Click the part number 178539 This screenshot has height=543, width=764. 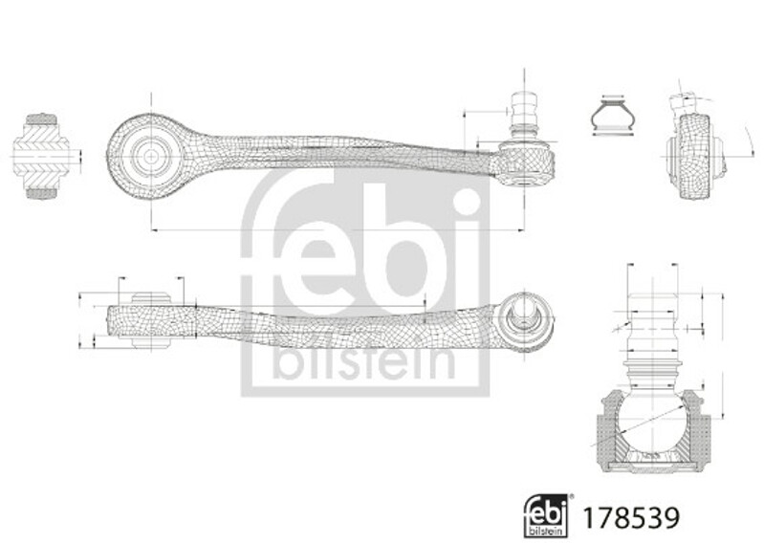[x=631, y=517]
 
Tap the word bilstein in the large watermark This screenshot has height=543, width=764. [x=364, y=360]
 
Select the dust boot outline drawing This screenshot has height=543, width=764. [x=613, y=116]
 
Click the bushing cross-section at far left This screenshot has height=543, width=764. [x=41, y=156]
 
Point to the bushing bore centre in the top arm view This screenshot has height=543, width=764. [x=151, y=156]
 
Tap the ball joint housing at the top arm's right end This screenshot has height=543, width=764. [x=525, y=163]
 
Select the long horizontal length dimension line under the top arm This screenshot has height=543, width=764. [x=338, y=229]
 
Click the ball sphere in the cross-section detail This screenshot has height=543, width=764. [x=652, y=422]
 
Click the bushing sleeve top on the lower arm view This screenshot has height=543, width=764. [x=151, y=298]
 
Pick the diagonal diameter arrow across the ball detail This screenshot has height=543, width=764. [x=638, y=424]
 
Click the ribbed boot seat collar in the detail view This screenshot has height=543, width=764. [x=652, y=369]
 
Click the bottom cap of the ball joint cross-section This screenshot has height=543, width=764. [x=652, y=467]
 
